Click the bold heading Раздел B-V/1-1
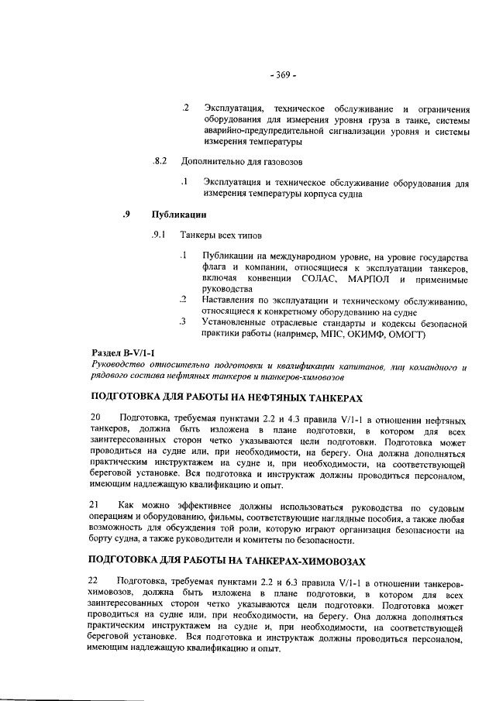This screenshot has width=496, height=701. [x=124, y=353]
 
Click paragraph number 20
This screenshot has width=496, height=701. [x=97, y=417]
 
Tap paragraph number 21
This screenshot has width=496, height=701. [x=97, y=503]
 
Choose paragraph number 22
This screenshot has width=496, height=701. [x=97, y=579]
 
